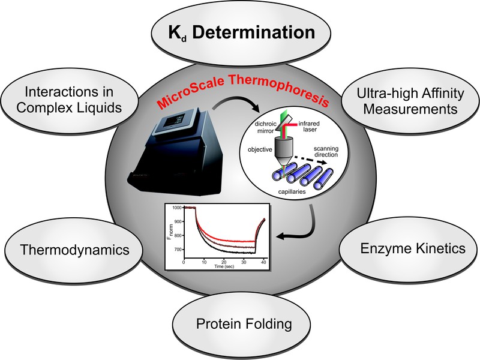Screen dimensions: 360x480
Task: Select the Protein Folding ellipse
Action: tap(244, 324)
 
